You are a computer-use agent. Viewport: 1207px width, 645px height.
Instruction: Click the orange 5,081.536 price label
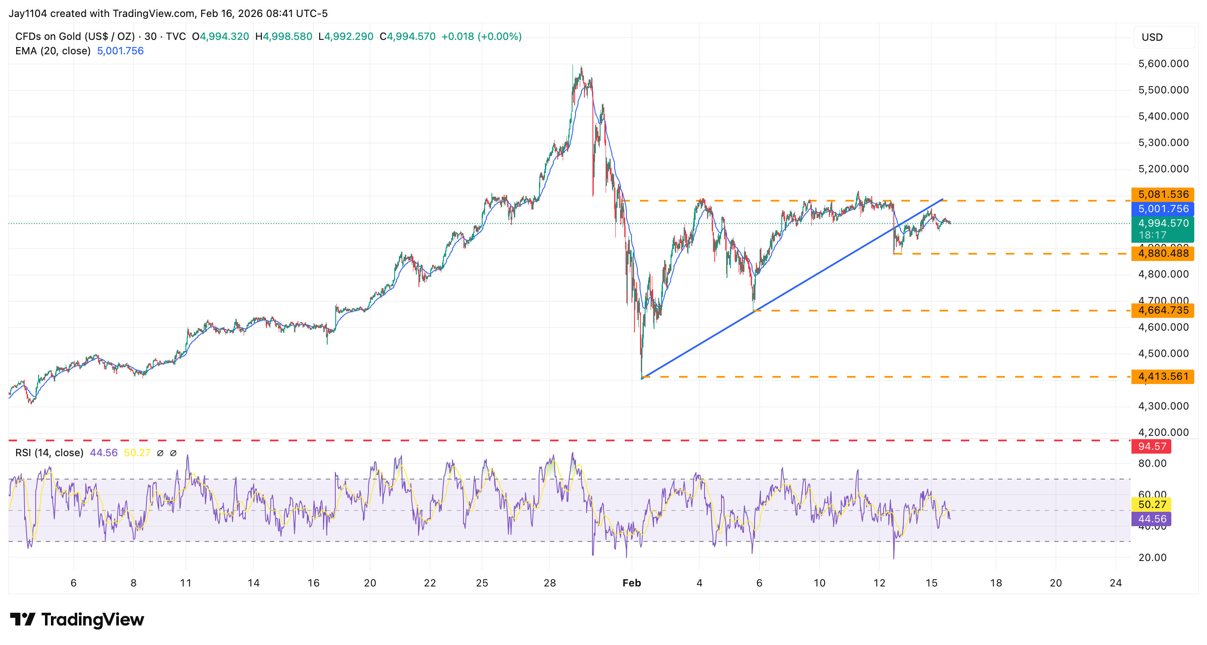(1162, 194)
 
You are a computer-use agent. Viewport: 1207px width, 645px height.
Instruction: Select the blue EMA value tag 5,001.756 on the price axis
(1162, 209)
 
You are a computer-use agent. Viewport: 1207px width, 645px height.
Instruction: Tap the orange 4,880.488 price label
(1162, 253)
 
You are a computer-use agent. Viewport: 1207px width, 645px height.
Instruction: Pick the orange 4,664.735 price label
(1162, 310)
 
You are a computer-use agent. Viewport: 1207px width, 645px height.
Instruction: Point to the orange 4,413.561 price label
(1162, 376)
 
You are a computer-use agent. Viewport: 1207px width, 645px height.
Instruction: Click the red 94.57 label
(1151, 446)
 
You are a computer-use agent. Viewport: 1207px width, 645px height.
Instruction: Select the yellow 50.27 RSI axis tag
(1151, 505)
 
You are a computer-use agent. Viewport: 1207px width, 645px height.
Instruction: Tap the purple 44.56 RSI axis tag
(1151, 519)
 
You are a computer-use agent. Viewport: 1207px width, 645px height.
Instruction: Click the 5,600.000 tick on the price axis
(1163, 64)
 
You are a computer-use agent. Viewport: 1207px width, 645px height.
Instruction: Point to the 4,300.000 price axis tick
(1163, 406)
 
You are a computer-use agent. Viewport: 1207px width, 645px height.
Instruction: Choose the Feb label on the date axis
(631, 583)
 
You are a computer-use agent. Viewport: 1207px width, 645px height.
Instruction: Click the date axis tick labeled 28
(550, 583)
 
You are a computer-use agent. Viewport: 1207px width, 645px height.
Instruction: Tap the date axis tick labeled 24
(1116, 583)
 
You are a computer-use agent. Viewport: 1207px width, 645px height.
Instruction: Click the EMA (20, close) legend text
(53, 51)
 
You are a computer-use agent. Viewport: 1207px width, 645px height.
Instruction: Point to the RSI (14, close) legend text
(49, 453)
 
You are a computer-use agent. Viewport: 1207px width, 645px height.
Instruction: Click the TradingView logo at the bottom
(77, 620)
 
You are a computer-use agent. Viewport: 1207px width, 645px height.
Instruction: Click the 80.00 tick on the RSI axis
(1152, 464)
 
